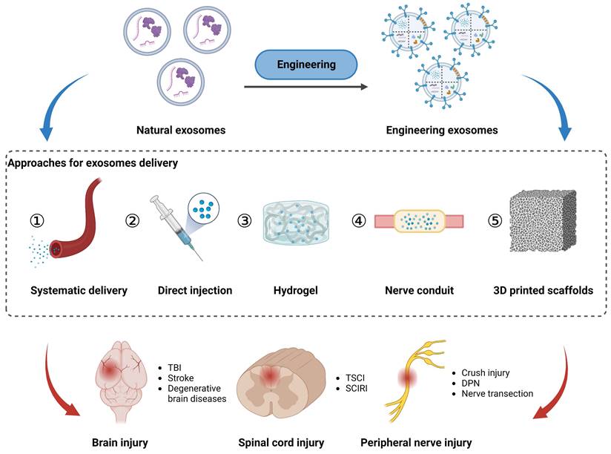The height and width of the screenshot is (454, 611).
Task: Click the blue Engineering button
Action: pyautogui.click(x=306, y=65)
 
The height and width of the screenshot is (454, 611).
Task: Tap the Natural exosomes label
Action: pyautogui.click(x=181, y=131)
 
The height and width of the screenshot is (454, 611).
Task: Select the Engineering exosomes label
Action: pyautogui.click(x=442, y=131)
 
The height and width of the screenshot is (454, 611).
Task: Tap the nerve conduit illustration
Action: pyautogui.click(x=419, y=220)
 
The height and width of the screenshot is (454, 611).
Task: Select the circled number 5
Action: pyautogui.click(x=495, y=221)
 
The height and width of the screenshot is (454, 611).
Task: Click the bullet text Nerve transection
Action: pyautogui.click(x=497, y=393)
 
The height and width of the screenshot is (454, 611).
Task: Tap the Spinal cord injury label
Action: pyautogui.click(x=281, y=442)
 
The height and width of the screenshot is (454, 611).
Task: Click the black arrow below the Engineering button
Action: pyautogui.click(x=306, y=88)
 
